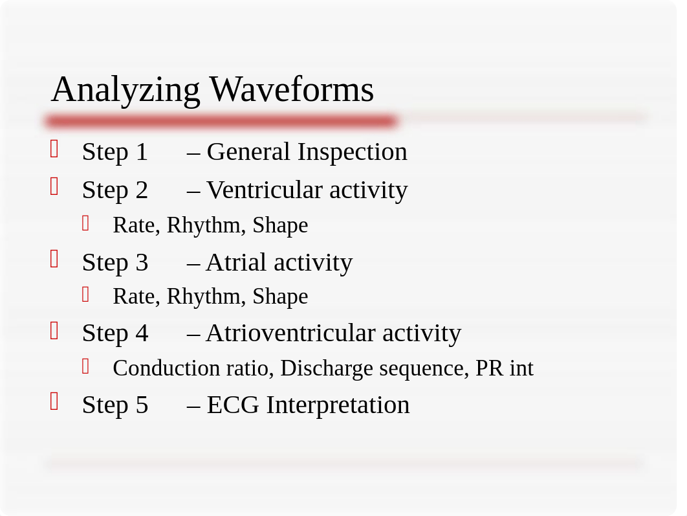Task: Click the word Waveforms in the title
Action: pyautogui.click(x=292, y=89)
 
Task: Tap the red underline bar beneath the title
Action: pyautogui.click(x=221, y=121)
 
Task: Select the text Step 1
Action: pyautogui.click(x=114, y=152)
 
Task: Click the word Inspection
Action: pyautogui.click(x=353, y=153)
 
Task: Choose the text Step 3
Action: pyautogui.click(x=114, y=263)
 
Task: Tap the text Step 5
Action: pyautogui.click(x=114, y=405)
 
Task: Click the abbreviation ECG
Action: pyautogui.click(x=233, y=405)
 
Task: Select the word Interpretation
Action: pyautogui.click(x=338, y=405)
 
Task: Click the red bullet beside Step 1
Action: pyautogui.click(x=54, y=149)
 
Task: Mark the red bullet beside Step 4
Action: pyautogui.click(x=54, y=331)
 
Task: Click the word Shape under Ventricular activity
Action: pyautogui.click(x=280, y=225)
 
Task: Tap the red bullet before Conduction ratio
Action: pyautogui.click(x=85, y=366)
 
